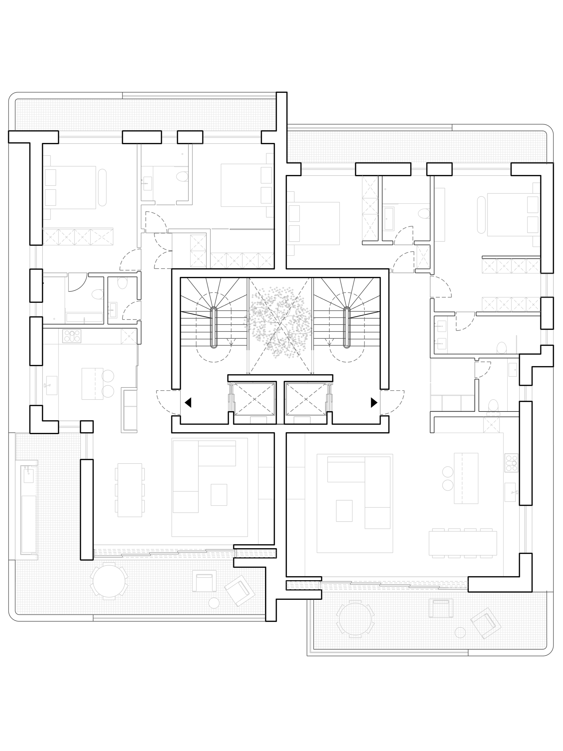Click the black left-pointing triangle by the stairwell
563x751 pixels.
[x=188, y=402]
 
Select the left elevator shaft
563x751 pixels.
[x=254, y=399]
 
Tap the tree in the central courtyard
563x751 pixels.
[x=280, y=322]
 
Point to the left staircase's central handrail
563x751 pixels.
[x=214, y=327]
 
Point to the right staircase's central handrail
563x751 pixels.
[x=346, y=327]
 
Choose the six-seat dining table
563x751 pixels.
[x=130, y=490]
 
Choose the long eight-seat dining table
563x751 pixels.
[x=462, y=543]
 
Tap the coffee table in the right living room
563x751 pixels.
[x=344, y=511]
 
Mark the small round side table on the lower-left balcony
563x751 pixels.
[x=214, y=603]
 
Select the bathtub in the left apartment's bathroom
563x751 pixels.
[x=84, y=317]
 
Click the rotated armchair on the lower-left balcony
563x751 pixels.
[x=240, y=590]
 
